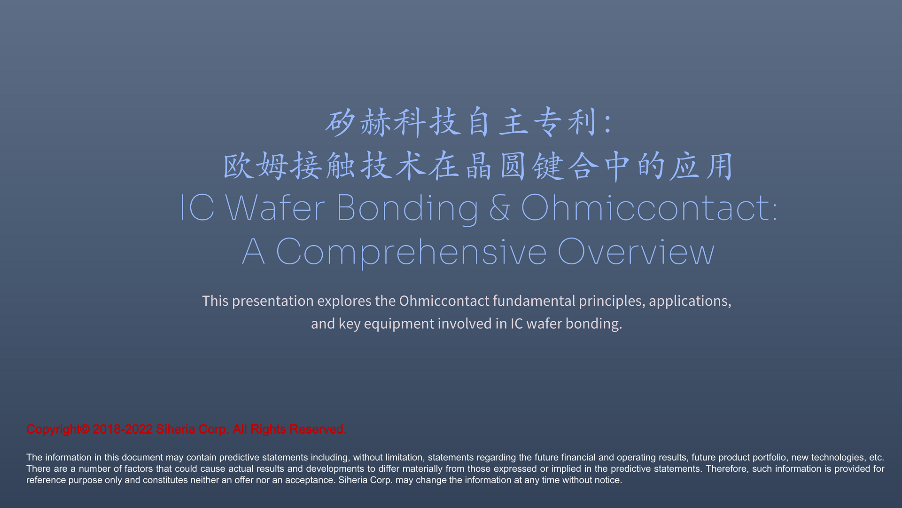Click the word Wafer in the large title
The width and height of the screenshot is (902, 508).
click(x=275, y=207)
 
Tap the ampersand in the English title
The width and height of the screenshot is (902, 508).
click(x=499, y=207)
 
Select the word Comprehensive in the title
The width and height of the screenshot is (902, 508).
click(x=412, y=253)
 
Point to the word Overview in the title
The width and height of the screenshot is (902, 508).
click(x=636, y=252)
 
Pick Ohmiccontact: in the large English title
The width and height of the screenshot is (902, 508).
click(x=649, y=207)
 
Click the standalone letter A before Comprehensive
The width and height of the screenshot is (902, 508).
click(x=254, y=252)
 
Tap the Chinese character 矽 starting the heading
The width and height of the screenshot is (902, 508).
click(x=340, y=122)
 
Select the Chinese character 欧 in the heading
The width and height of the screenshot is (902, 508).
click(x=238, y=166)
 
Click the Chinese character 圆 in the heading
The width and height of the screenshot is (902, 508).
click(x=513, y=166)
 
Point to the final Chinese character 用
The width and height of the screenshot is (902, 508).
click(x=719, y=166)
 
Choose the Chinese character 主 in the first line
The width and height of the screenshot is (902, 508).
click(x=513, y=122)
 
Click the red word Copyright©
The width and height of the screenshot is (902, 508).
click(x=58, y=429)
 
